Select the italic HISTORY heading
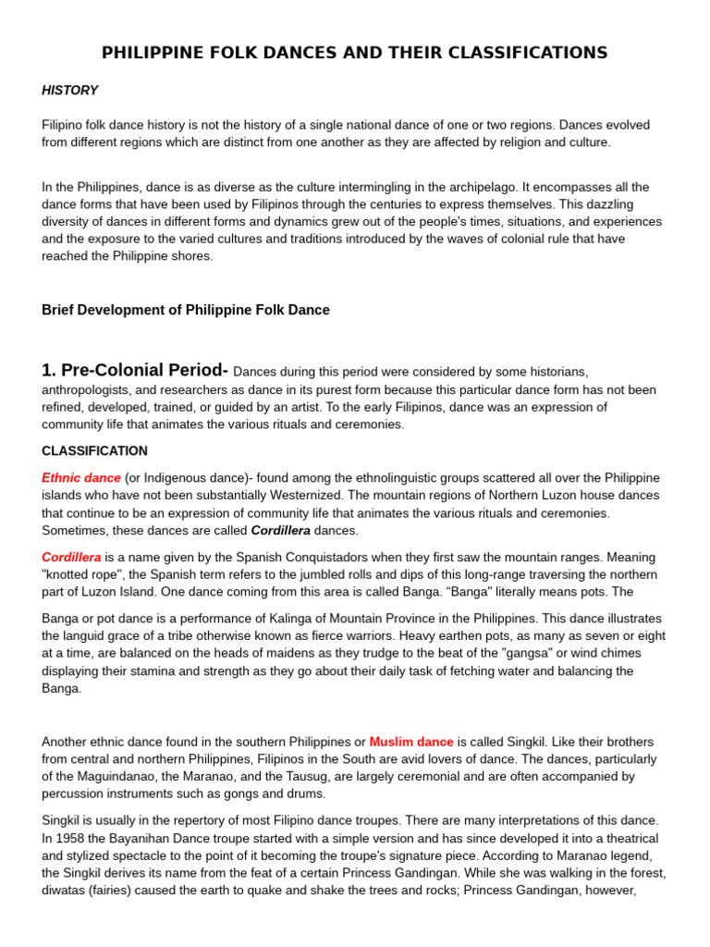click(x=69, y=90)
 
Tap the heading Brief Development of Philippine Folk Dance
click(x=185, y=310)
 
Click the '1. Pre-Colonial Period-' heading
click(x=135, y=370)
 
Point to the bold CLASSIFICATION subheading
click(x=94, y=451)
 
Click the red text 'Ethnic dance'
click(x=81, y=478)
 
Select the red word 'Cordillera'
click(x=71, y=558)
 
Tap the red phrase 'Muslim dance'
click(x=411, y=742)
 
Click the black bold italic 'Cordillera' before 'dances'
click(x=281, y=531)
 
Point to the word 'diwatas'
click(x=65, y=891)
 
